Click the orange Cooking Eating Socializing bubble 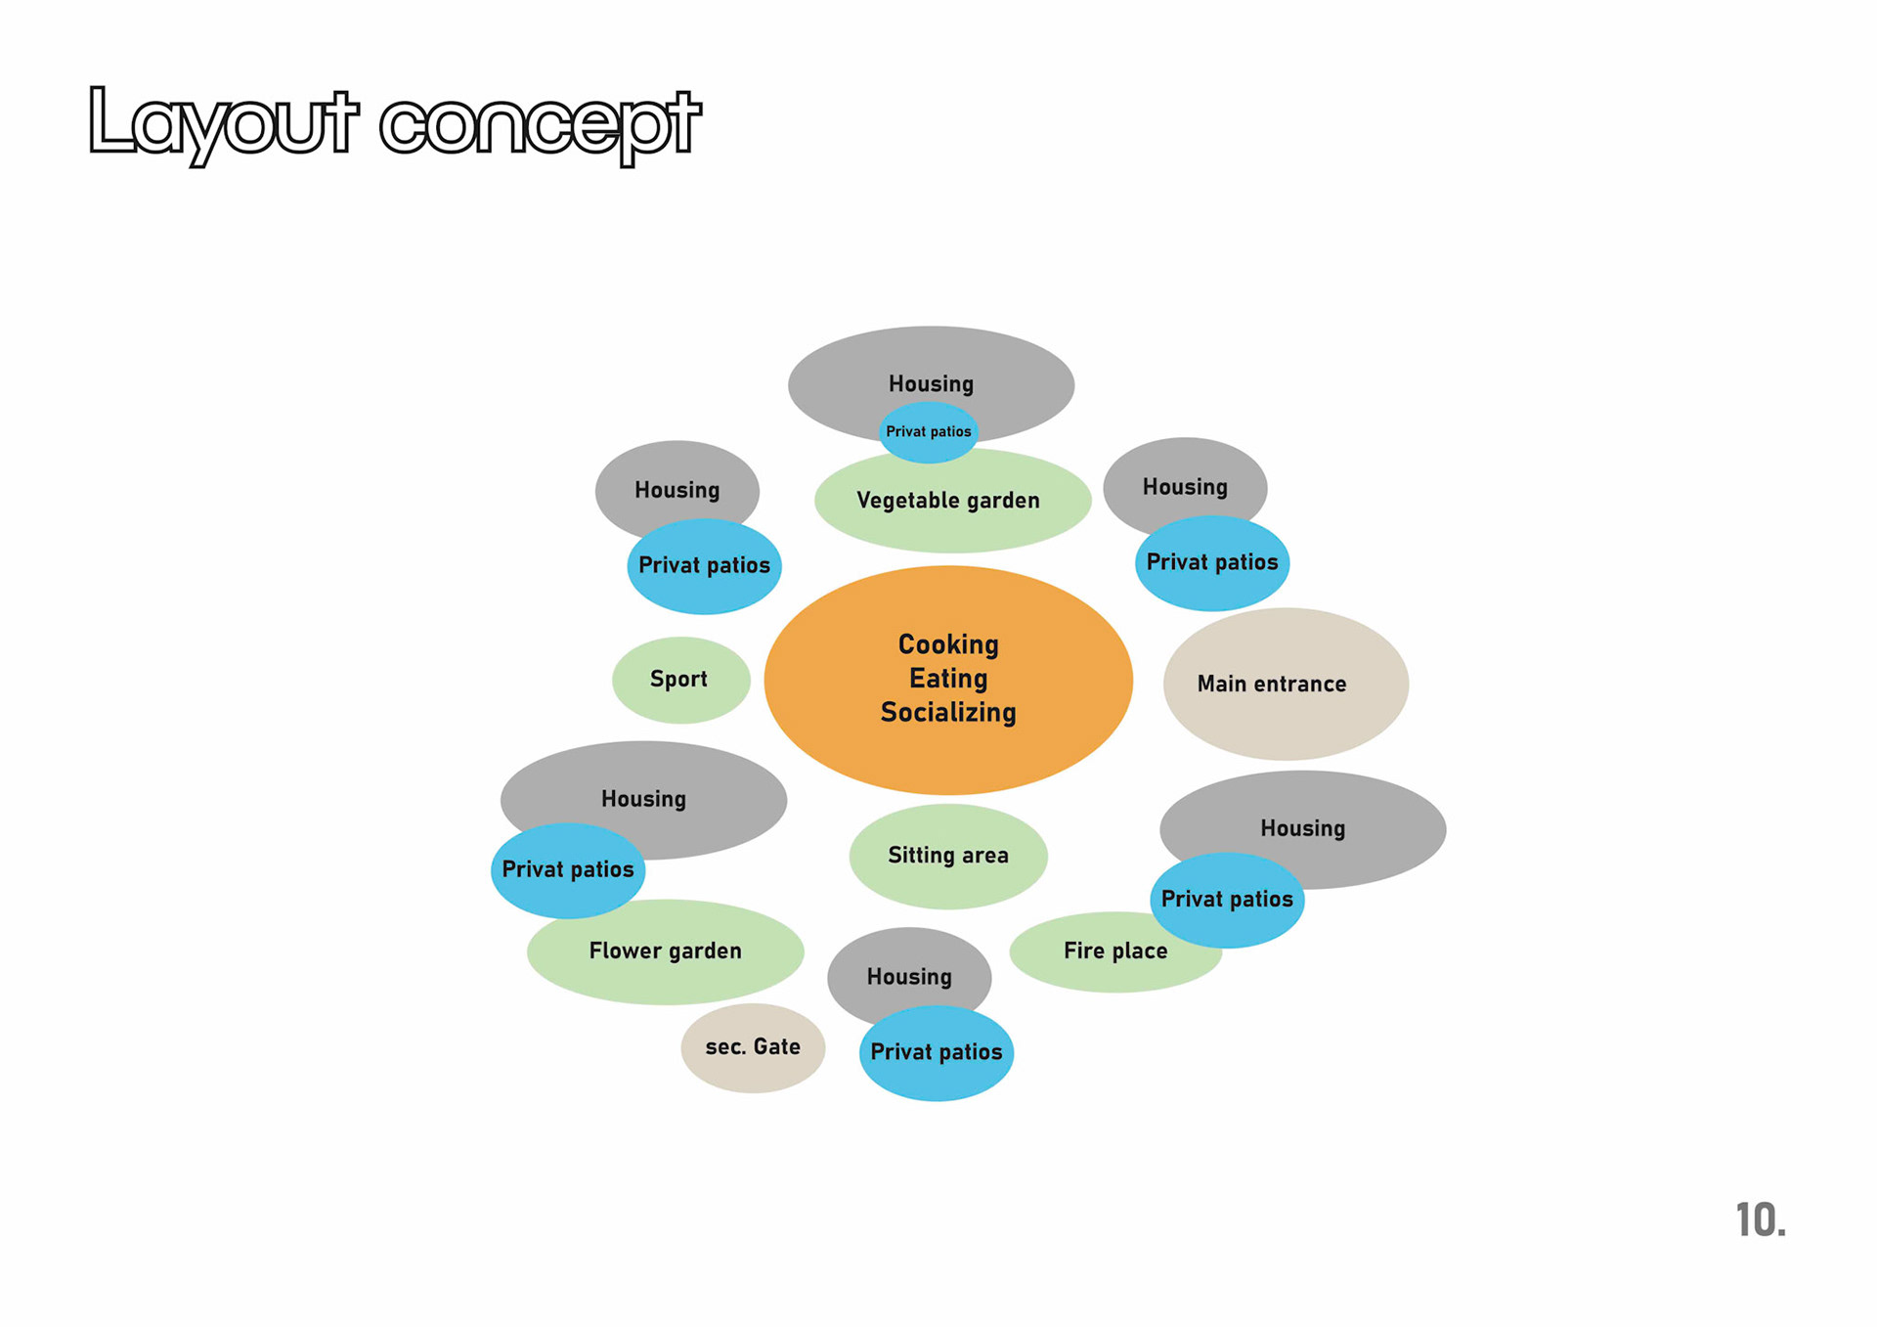tap(947, 763)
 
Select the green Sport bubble tap(679, 680)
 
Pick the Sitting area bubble tap(947, 856)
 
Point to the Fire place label tap(1114, 951)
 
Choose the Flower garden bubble tap(665, 951)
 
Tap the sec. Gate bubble tap(753, 1047)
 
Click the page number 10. tap(1760, 1220)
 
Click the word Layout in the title tap(223, 123)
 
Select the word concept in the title tap(540, 125)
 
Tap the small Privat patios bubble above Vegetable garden tap(929, 431)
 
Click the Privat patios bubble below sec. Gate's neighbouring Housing tap(937, 1052)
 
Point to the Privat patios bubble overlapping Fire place tap(1227, 900)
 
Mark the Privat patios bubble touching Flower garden tap(568, 869)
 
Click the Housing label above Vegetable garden tap(931, 383)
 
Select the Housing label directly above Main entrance tap(1185, 487)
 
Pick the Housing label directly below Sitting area tap(909, 977)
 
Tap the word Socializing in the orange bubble tap(948, 713)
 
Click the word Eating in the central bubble tap(948, 679)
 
